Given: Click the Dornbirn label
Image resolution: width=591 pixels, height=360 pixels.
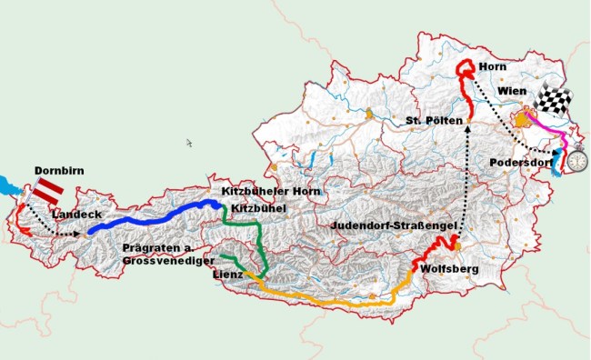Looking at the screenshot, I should click(x=58, y=170).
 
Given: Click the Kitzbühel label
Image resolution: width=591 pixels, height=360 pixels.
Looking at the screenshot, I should click(x=259, y=208).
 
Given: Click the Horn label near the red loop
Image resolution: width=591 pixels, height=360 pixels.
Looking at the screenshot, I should click(x=492, y=66).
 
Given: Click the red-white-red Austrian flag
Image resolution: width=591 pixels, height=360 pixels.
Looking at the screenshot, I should click(x=47, y=190).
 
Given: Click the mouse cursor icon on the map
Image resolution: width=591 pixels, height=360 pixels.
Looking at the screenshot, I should click(x=189, y=143).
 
